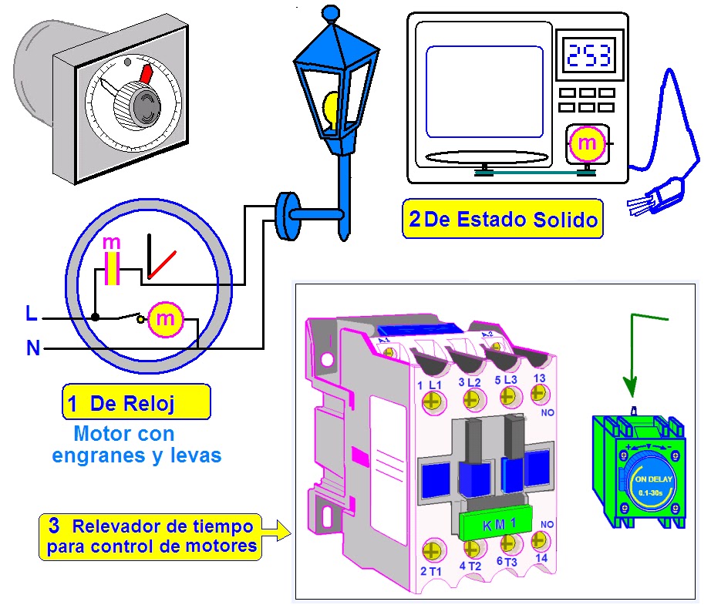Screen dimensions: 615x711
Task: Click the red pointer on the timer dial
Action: pyautogui.click(x=147, y=73)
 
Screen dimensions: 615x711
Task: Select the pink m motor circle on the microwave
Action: pyautogui.click(x=587, y=143)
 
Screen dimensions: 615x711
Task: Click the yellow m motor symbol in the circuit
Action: pyautogui.click(x=165, y=319)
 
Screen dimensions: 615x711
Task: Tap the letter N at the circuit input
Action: pyautogui.click(x=33, y=348)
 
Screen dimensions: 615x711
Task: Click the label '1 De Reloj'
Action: pyautogui.click(x=135, y=402)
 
